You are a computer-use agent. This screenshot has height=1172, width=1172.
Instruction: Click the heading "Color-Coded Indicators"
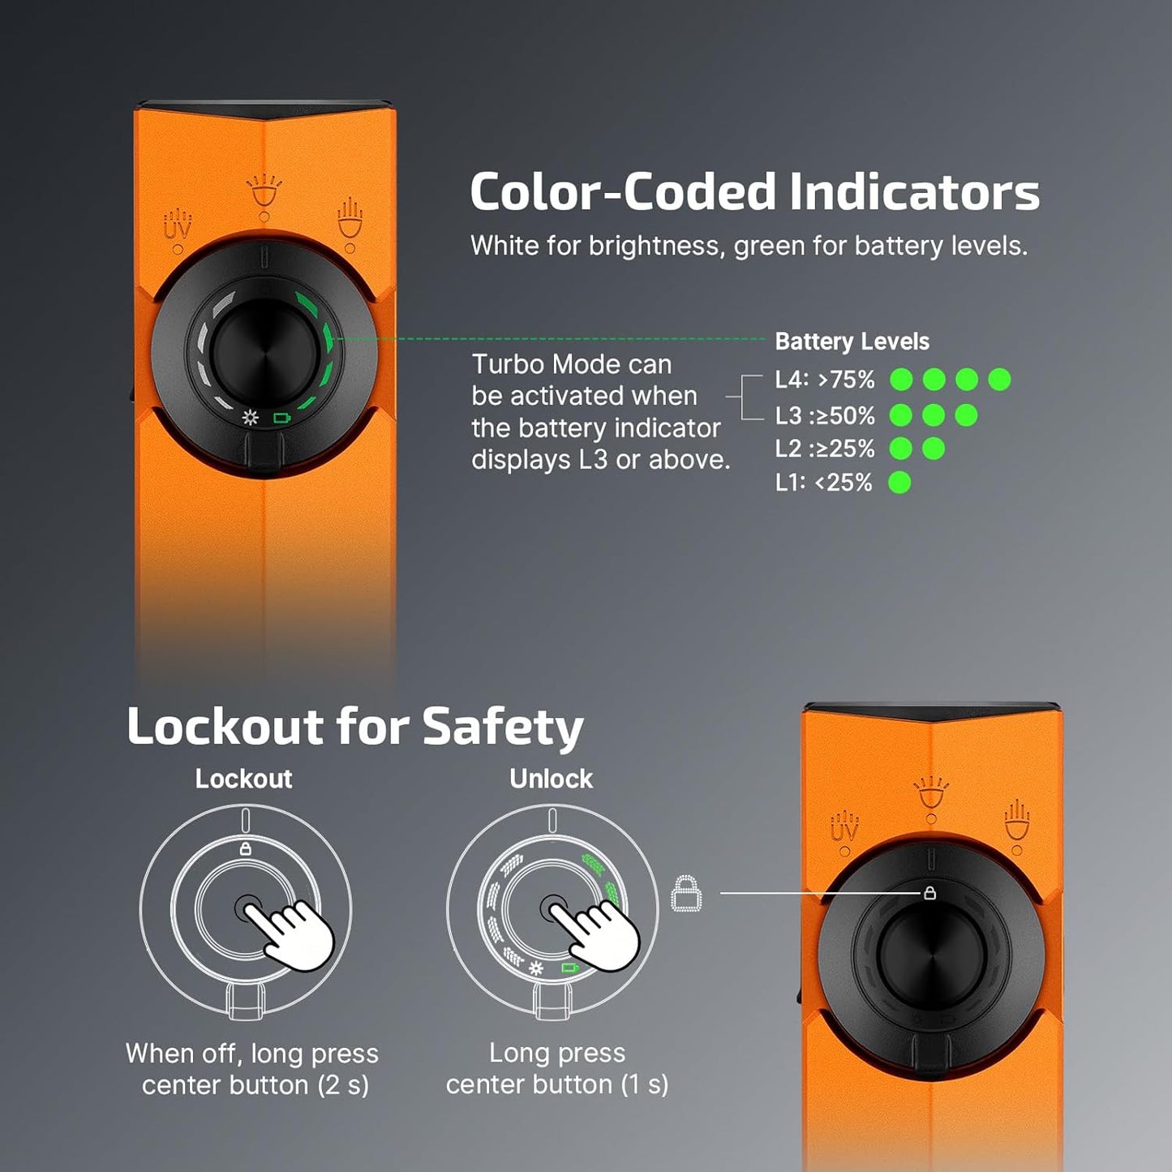pos(754,192)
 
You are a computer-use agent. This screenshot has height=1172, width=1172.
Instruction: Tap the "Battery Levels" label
pos(852,341)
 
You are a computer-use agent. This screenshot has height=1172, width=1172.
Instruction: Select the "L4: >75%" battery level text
pos(825,380)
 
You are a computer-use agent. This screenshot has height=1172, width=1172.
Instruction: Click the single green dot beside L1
pos(899,483)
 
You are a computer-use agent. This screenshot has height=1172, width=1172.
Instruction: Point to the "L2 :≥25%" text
pos(825,449)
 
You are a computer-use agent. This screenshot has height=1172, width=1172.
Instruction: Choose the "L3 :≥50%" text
pos(825,415)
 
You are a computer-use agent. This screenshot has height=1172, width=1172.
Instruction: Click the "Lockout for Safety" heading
pos(354,726)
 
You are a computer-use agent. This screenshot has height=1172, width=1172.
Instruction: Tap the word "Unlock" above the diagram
pos(551,779)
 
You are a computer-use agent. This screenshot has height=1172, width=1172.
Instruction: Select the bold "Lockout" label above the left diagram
pos(243,779)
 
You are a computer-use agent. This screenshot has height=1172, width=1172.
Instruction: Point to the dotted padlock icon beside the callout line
pos(686,893)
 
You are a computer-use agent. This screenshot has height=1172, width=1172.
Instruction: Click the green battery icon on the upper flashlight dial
pos(281,419)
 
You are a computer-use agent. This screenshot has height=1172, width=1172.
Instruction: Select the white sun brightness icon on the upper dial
pos(251,418)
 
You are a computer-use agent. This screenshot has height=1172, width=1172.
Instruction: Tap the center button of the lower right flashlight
pos(931,957)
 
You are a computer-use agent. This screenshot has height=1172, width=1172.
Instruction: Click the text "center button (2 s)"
pos(255,1085)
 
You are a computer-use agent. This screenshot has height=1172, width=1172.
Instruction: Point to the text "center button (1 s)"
pos(557,1084)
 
